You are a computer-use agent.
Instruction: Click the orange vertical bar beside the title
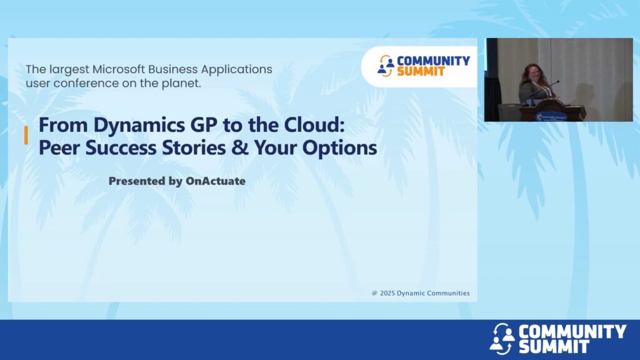click(26, 135)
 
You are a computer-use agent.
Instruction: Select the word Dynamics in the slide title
click(139, 125)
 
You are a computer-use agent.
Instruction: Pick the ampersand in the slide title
click(239, 147)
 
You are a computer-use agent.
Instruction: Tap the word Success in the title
click(121, 147)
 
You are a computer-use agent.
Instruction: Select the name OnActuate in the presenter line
click(216, 181)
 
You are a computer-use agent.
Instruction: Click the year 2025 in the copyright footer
click(387, 293)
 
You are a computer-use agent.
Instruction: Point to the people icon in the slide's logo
click(386, 66)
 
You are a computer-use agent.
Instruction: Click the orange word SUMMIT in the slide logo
click(421, 71)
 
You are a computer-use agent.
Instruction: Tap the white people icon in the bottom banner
click(502, 338)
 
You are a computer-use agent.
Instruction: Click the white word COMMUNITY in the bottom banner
click(572, 331)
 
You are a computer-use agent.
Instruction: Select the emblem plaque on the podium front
click(551, 116)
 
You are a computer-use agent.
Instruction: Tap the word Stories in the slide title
click(194, 147)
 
